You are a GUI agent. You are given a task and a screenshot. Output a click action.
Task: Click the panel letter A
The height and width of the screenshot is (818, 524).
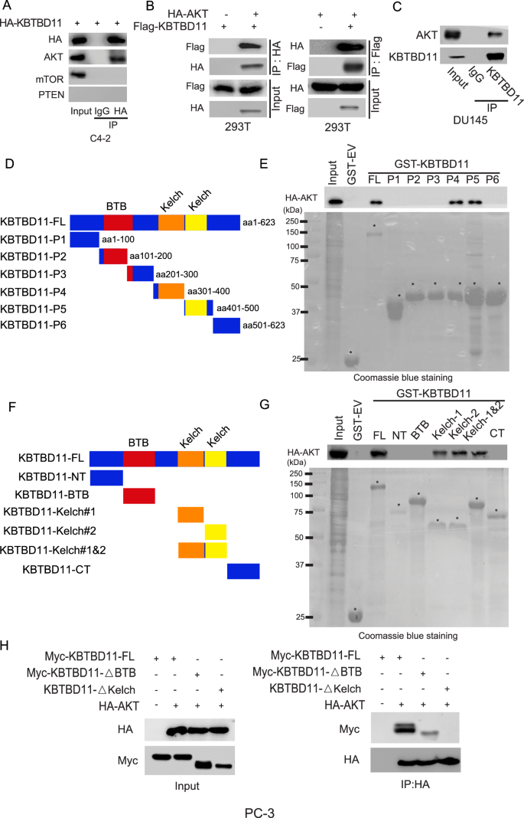[x=6, y=7]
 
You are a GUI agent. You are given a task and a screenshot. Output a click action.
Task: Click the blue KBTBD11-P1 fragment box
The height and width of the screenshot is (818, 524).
[x=84, y=240]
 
